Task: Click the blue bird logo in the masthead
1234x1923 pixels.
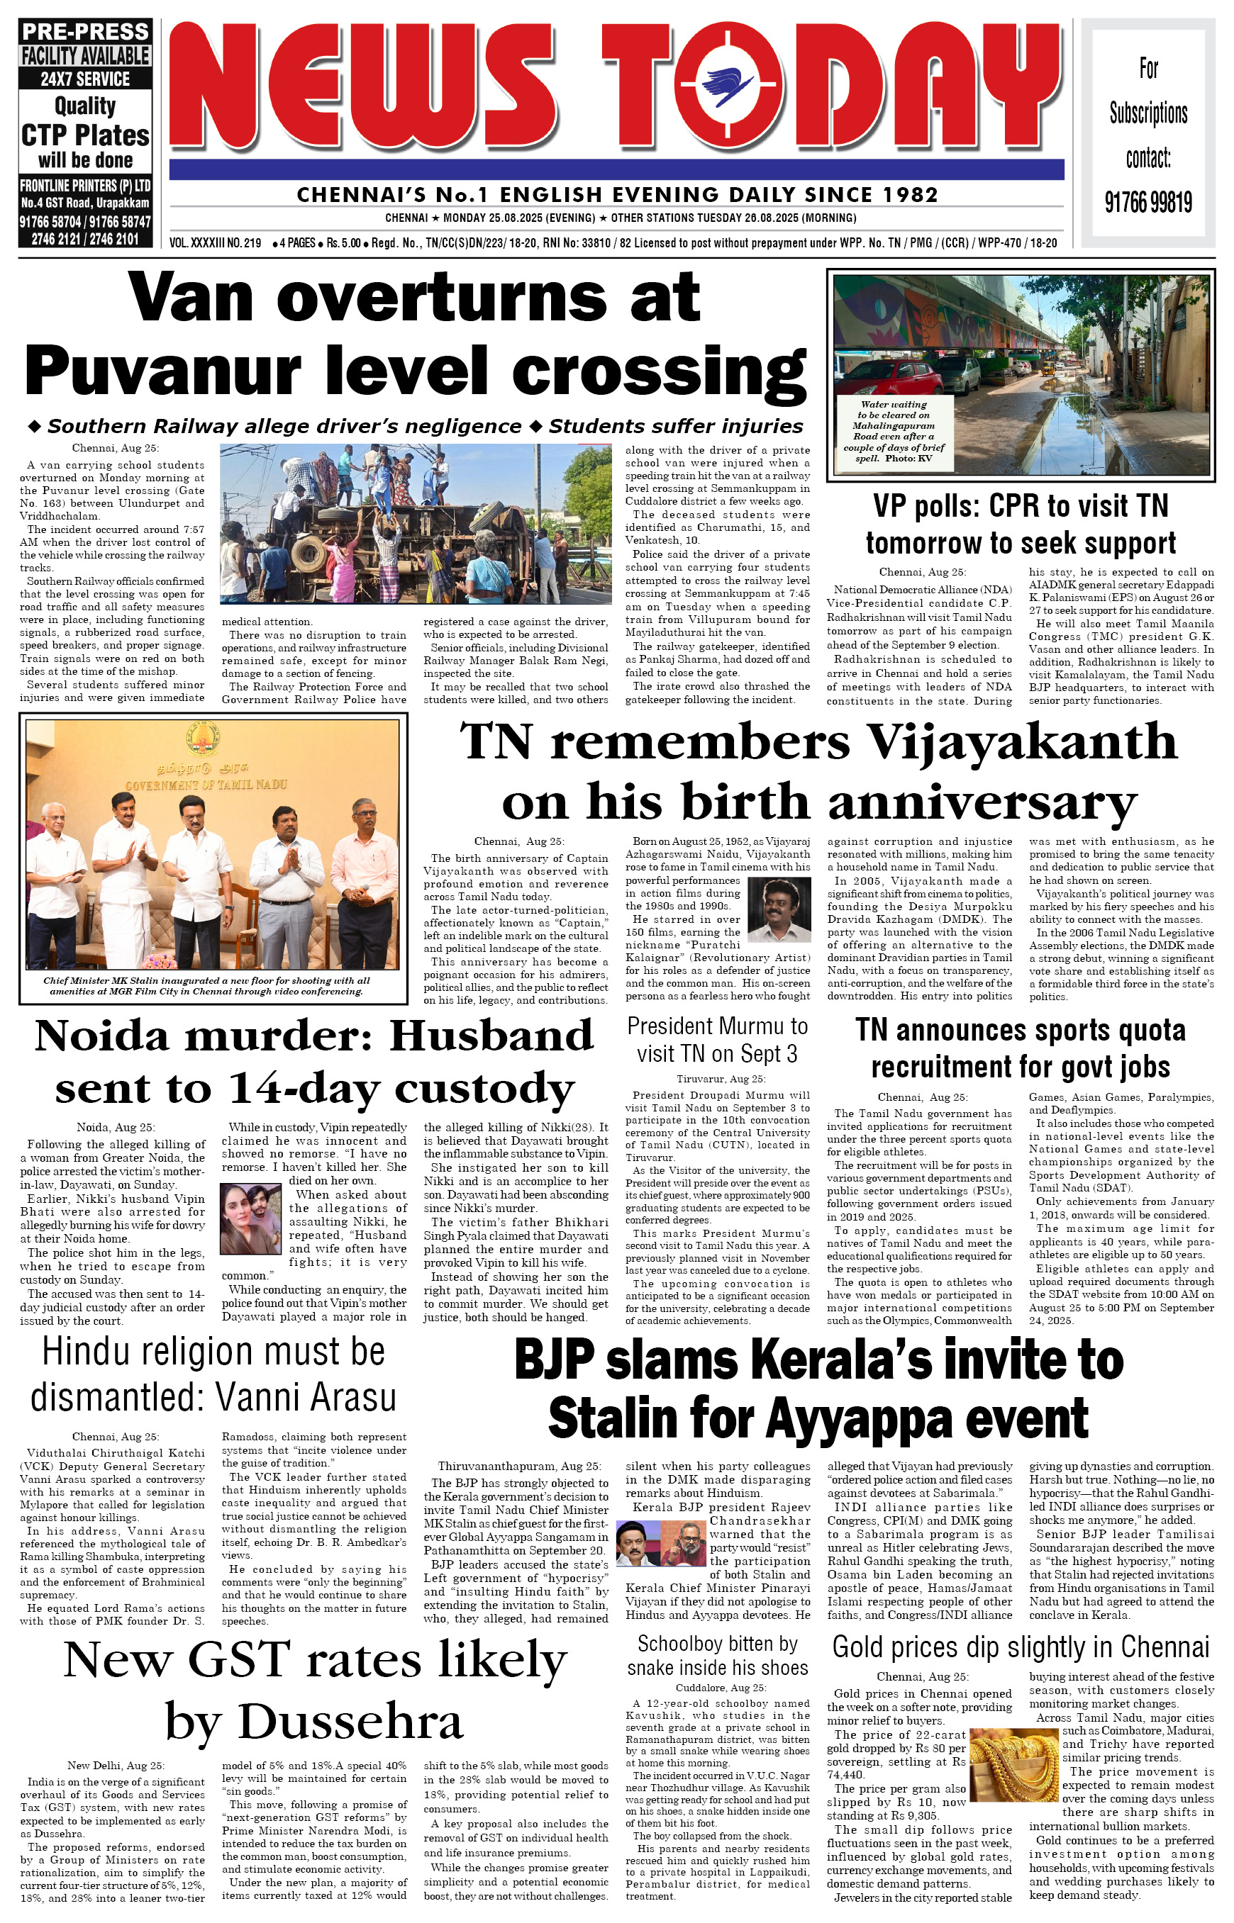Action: tap(726, 84)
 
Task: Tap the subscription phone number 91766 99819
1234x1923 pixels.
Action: tap(1147, 202)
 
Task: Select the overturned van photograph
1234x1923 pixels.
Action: tap(415, 523)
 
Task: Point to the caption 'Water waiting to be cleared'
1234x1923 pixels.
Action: tap(894, 431)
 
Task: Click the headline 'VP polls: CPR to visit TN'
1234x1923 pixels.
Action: tap(1020, 506)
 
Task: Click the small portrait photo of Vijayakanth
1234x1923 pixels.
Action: tap(778, 909)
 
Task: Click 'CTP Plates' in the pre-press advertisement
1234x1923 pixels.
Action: tap(85, 135)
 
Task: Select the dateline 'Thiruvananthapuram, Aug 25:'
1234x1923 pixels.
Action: tap(519, 1466)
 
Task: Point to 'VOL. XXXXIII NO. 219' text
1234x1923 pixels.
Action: tap(216, 242)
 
